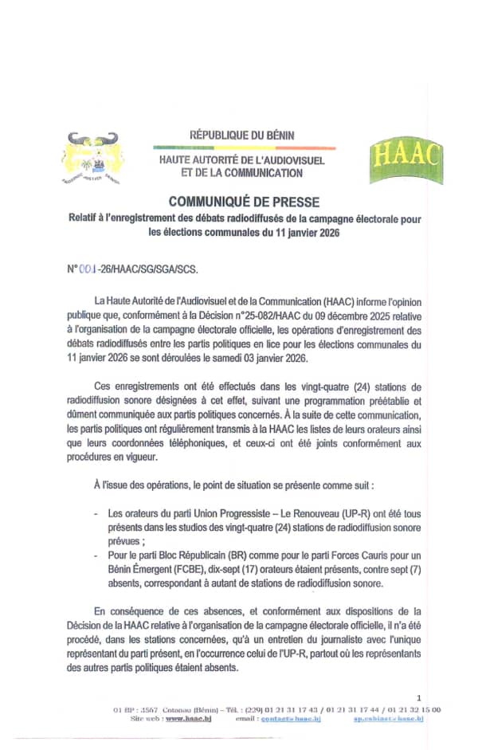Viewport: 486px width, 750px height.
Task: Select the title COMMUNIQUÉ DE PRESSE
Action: (244, 202)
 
